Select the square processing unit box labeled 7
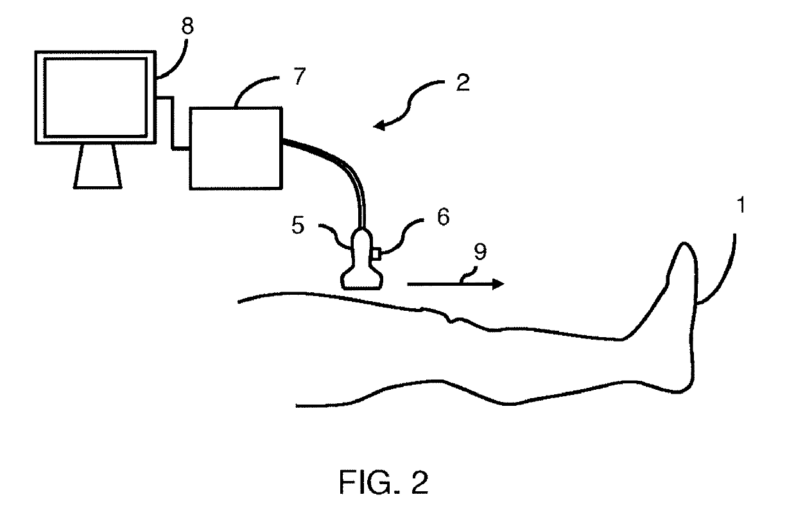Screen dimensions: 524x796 click(236, 148)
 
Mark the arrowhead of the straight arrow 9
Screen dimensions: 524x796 click(497, 284)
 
